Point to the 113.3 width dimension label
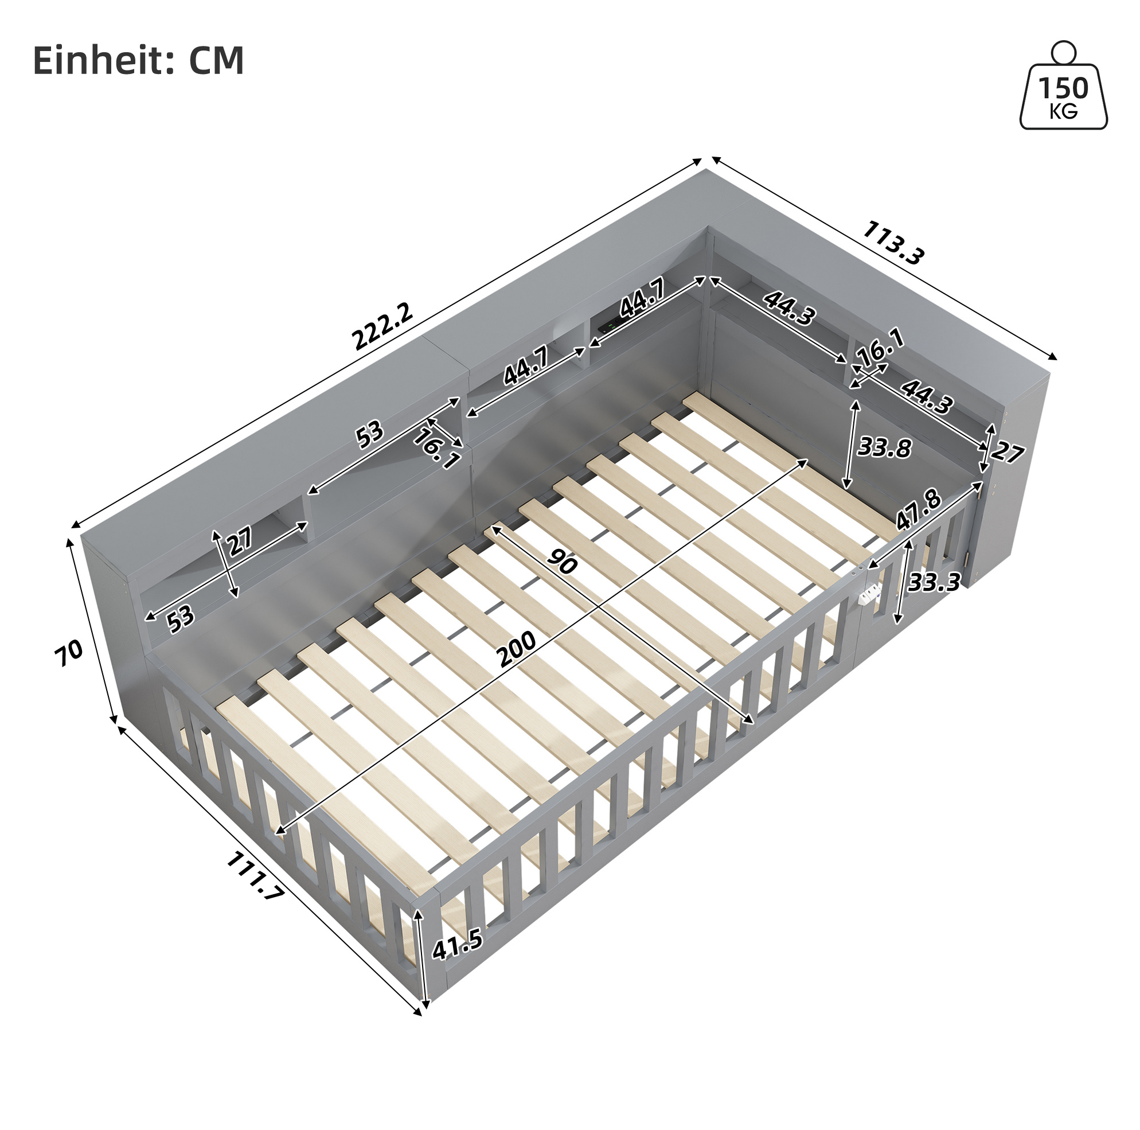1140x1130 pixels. (x=893, y=242)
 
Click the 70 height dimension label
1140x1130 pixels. (x=68, y=653)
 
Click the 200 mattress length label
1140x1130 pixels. (x=516, y=649)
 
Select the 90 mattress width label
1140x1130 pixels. (x=561, y=560)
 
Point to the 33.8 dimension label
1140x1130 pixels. (x=884, y=447)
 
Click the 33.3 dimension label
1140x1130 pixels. (x=934, y=582)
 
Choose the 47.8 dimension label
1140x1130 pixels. (x=919, y=509)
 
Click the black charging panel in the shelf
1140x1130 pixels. (x=609, y=324)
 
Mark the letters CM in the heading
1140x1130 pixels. (x=216, y=60)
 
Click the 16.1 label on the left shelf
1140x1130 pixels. (x=437, y=449)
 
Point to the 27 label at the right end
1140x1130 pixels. (x=1006, y=452)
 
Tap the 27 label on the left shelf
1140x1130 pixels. (x=240, y=540)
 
